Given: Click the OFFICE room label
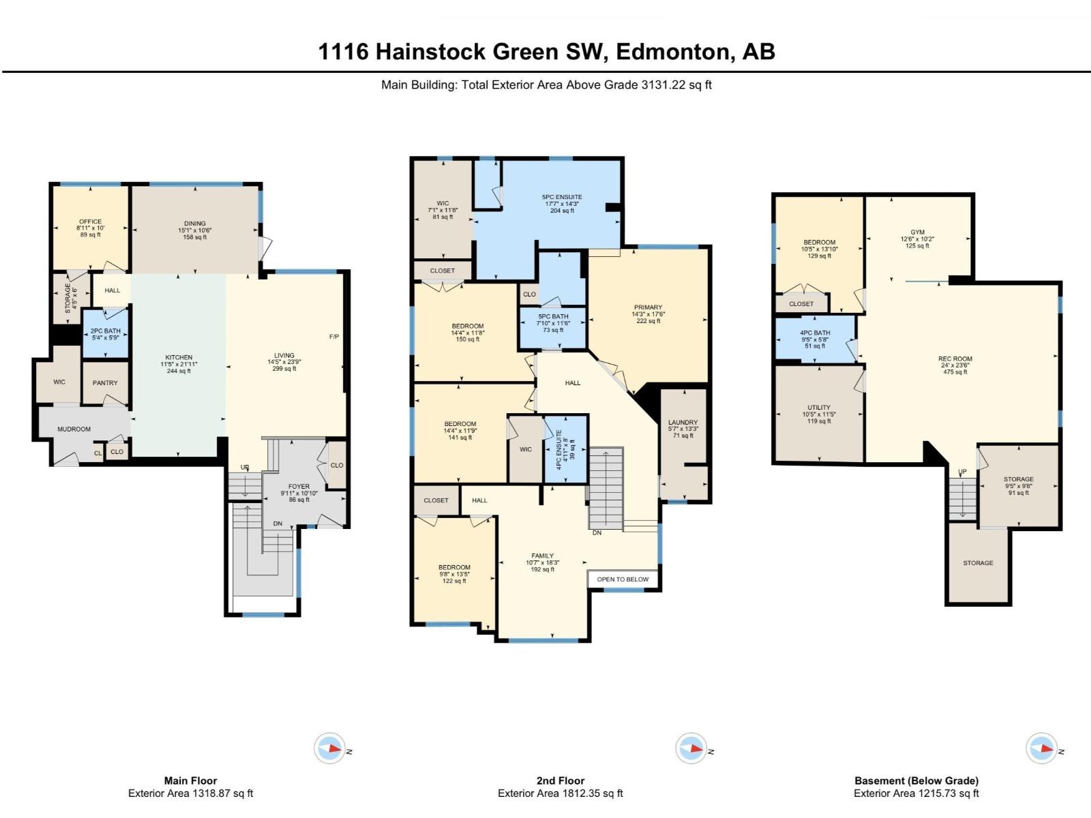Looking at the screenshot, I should pyautogui.click(x=90, y=222).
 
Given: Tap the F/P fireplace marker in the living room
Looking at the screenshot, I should pyautogui.click(x=334, y=337).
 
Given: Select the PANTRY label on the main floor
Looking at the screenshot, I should pyautogui.click(x=105, y=383).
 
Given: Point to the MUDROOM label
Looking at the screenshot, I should pyautogui.click(x=74, y=429).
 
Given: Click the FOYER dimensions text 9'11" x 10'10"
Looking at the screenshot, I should pyautogui.click(x=299, y=493).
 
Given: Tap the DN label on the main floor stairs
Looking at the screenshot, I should pyautogui.click(x=278, y=524).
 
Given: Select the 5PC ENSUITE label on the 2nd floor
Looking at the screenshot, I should pyautogui.click(x=562, y=197).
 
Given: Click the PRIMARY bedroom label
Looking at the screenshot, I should pyautogui.click(x=648, y=307).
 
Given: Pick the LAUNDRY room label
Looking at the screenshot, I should pyautogui.click(x=683, y=423).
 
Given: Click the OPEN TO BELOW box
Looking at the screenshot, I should pyautogui.click(x=623, y=579).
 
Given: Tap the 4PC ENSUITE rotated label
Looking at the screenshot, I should pyautogui.click(x=559, y=449).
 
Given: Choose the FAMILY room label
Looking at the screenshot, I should pyautogui.click(x=543, y=556).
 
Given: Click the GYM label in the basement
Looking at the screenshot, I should pyautogui.click(x=917, y=232).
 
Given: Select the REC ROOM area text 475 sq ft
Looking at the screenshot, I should pyautogui.click(x=955, y=372).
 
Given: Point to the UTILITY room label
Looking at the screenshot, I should pyautogui.click(x=819, y=408).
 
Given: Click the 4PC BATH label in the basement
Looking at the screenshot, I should pyautogui.click(x=815, y=333).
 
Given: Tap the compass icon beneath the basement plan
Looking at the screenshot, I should pyautogui.click(x=1041, y=748).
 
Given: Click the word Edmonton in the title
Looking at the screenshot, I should pyautogui.click(x=671, y=52).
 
